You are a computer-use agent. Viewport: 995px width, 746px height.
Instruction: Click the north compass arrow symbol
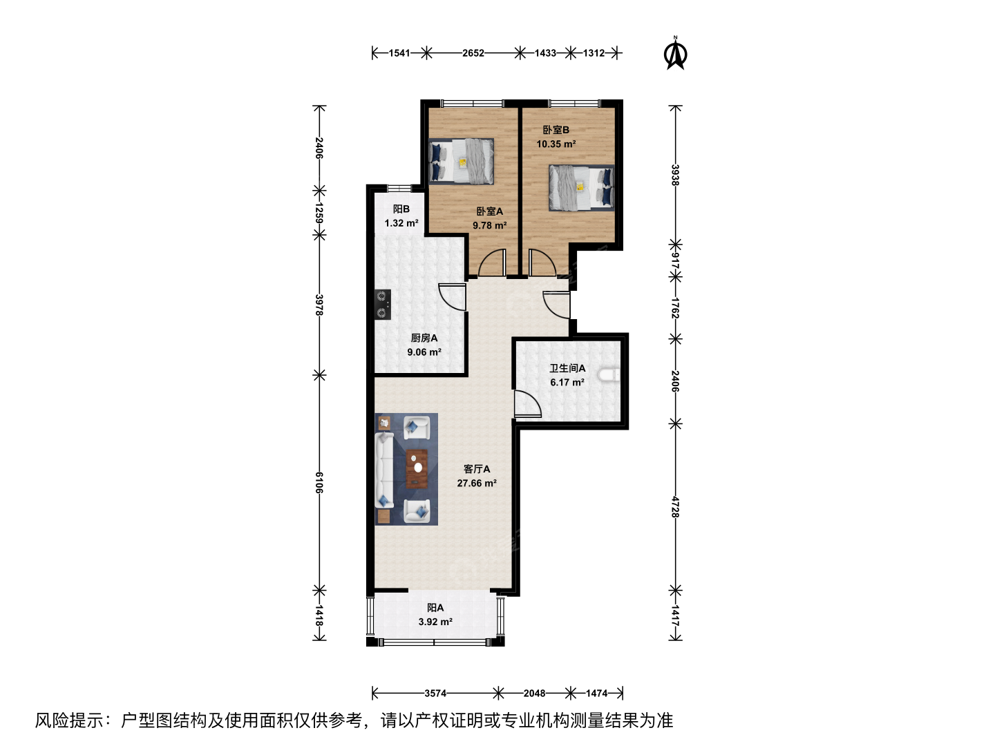click(675, 54)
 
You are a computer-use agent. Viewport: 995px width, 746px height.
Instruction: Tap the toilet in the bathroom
click(609, 376)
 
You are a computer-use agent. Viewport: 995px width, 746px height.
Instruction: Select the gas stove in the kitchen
click(383, 305)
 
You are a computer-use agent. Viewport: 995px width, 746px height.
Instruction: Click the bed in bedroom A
click(461, 161)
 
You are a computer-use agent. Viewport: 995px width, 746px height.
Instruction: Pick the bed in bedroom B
click(582, 187)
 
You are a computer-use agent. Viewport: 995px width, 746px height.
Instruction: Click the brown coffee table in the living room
click(417, 469)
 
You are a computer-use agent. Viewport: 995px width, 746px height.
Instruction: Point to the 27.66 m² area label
click(476, 484)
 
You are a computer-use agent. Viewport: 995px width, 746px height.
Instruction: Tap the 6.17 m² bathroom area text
click(567, 382)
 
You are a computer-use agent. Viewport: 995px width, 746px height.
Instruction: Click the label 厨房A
click(424, 338)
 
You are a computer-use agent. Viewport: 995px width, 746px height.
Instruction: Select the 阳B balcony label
click(401, 209)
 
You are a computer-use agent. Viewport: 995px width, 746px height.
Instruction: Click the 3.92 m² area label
click(435, 622)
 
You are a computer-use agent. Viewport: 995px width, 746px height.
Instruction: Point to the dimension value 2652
click(473, 53)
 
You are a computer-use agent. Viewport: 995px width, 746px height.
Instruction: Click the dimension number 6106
click(319, 483)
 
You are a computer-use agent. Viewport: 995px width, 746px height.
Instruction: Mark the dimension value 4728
click(675, 507)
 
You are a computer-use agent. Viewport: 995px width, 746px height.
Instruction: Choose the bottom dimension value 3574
click(435, 693)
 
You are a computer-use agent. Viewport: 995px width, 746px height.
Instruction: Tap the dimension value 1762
click(675, 308)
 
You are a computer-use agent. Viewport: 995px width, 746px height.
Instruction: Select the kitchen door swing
click(452, 297)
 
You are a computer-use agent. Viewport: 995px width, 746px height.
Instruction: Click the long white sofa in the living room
click(383, 470)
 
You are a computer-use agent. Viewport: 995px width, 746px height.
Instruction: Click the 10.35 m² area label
click(556, 144)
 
